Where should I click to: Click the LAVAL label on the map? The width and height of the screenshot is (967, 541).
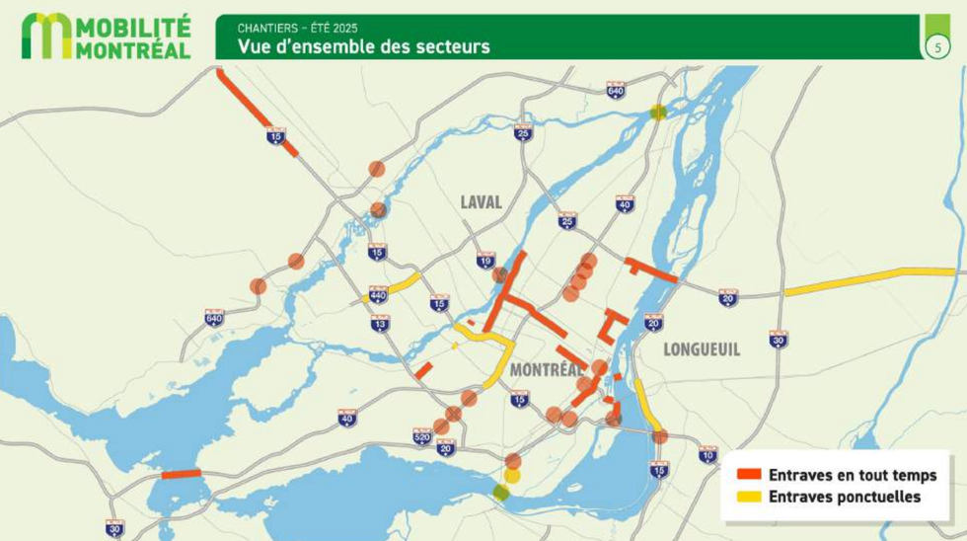[x=481, y=202]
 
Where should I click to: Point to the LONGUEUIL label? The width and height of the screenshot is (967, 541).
[x=702, y=349]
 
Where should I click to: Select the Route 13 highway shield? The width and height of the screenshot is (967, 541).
[x=380, y=323]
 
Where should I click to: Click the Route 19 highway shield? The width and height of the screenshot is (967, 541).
[x=485, y=260]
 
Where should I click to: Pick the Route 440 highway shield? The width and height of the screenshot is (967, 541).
[x=378, y=294]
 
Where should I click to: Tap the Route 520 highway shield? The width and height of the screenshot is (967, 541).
[x=422, y=435]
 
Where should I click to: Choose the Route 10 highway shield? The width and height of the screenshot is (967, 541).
[x=707, y=454]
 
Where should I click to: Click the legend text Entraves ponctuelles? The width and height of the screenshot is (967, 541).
[x=844, y=497]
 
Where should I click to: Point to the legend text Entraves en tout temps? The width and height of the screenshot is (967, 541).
[x=853, y=475]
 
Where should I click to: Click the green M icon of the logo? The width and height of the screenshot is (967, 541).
[x=46, y=36]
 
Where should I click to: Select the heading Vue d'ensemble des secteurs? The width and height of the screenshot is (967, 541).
[x=363, y=46]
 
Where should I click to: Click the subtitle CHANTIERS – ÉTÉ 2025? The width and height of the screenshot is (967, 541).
[x=297, y=27]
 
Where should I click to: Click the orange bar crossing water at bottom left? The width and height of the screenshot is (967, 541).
[x=182, y=474]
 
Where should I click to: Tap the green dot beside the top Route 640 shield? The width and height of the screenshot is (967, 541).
[x=658, y=113]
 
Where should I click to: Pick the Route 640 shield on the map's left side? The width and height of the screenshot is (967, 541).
[x=214, y=318]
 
